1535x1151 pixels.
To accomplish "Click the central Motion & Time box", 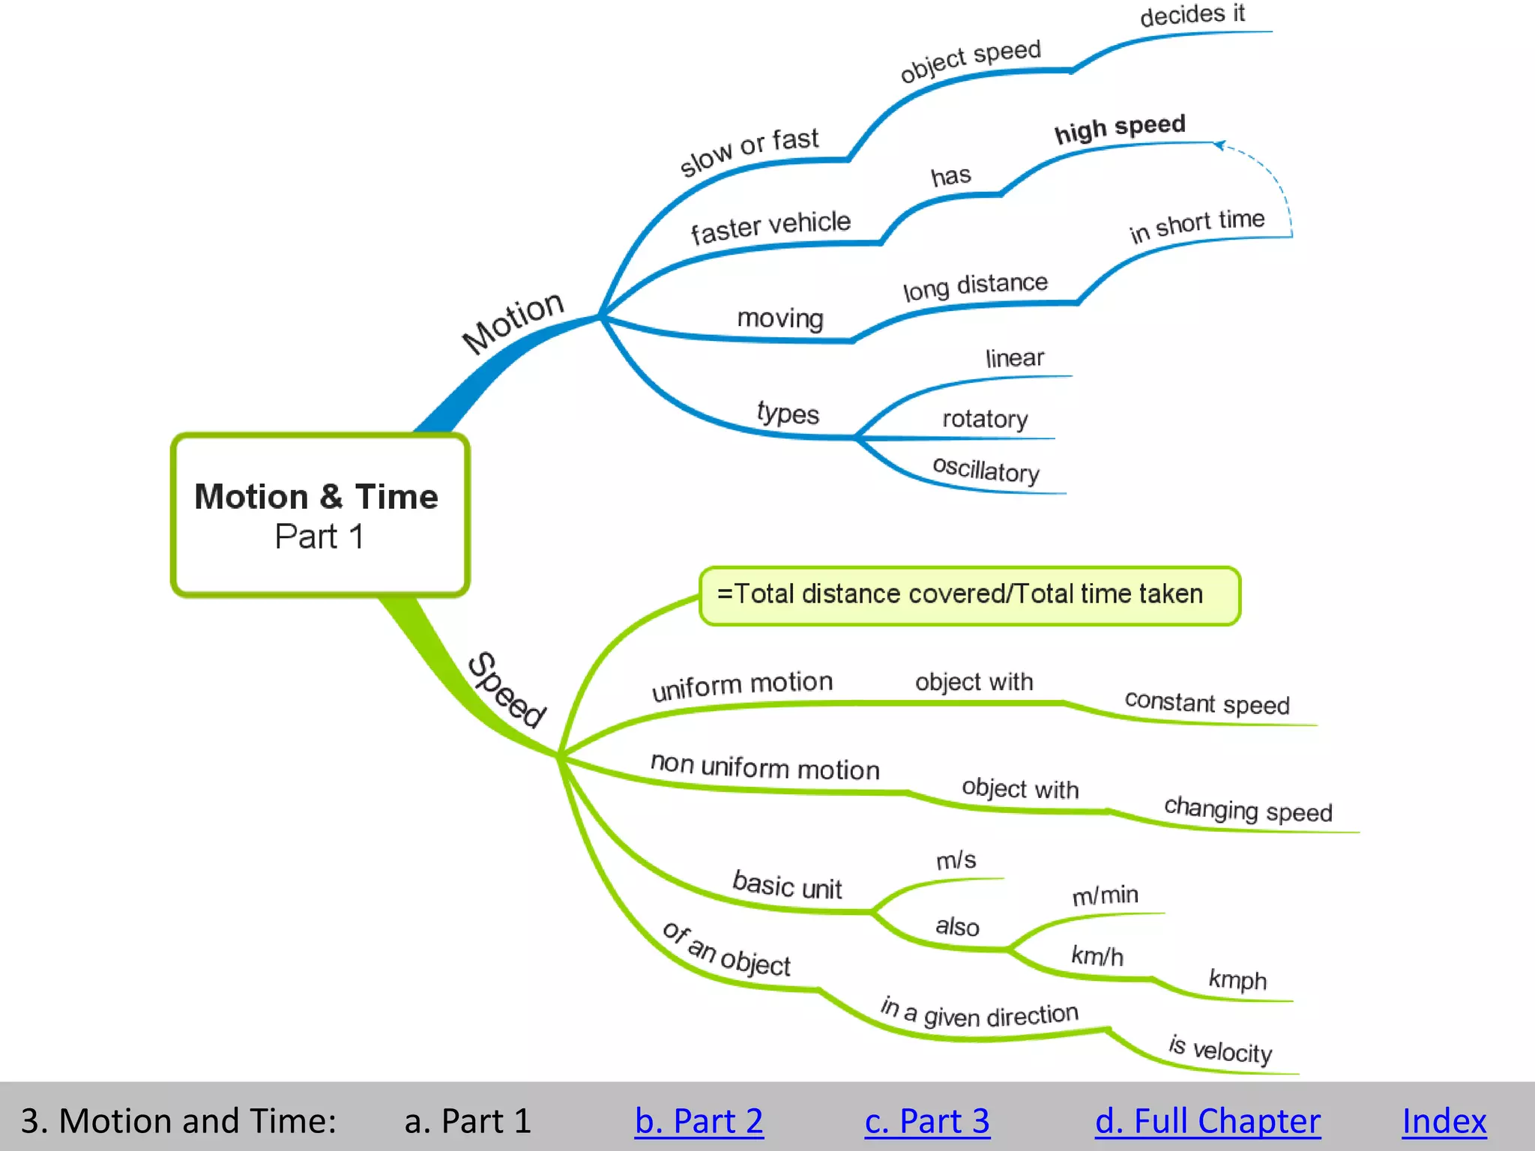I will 320,515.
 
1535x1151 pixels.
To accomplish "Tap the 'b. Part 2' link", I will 699,1121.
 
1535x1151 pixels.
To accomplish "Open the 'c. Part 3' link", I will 927,1121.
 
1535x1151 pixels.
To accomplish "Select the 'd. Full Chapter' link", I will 1207,1121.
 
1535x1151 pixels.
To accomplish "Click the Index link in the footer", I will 1444,1121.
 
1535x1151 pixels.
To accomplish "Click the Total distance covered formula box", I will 969,595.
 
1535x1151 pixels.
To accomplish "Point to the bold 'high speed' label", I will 1120,128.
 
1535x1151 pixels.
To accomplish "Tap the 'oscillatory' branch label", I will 986,470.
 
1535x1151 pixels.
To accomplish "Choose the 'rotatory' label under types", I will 985,418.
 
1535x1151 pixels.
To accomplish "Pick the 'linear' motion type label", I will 1014,358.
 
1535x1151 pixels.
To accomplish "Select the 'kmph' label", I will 1237,979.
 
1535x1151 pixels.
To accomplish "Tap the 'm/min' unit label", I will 1105,895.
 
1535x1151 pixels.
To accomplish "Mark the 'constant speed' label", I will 1207,703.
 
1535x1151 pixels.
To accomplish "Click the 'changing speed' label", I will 1248,810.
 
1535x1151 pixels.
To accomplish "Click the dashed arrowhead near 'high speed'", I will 1219,145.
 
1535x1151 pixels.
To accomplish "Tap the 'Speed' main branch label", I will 507,689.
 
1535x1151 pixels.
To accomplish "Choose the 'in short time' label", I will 1197,224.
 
